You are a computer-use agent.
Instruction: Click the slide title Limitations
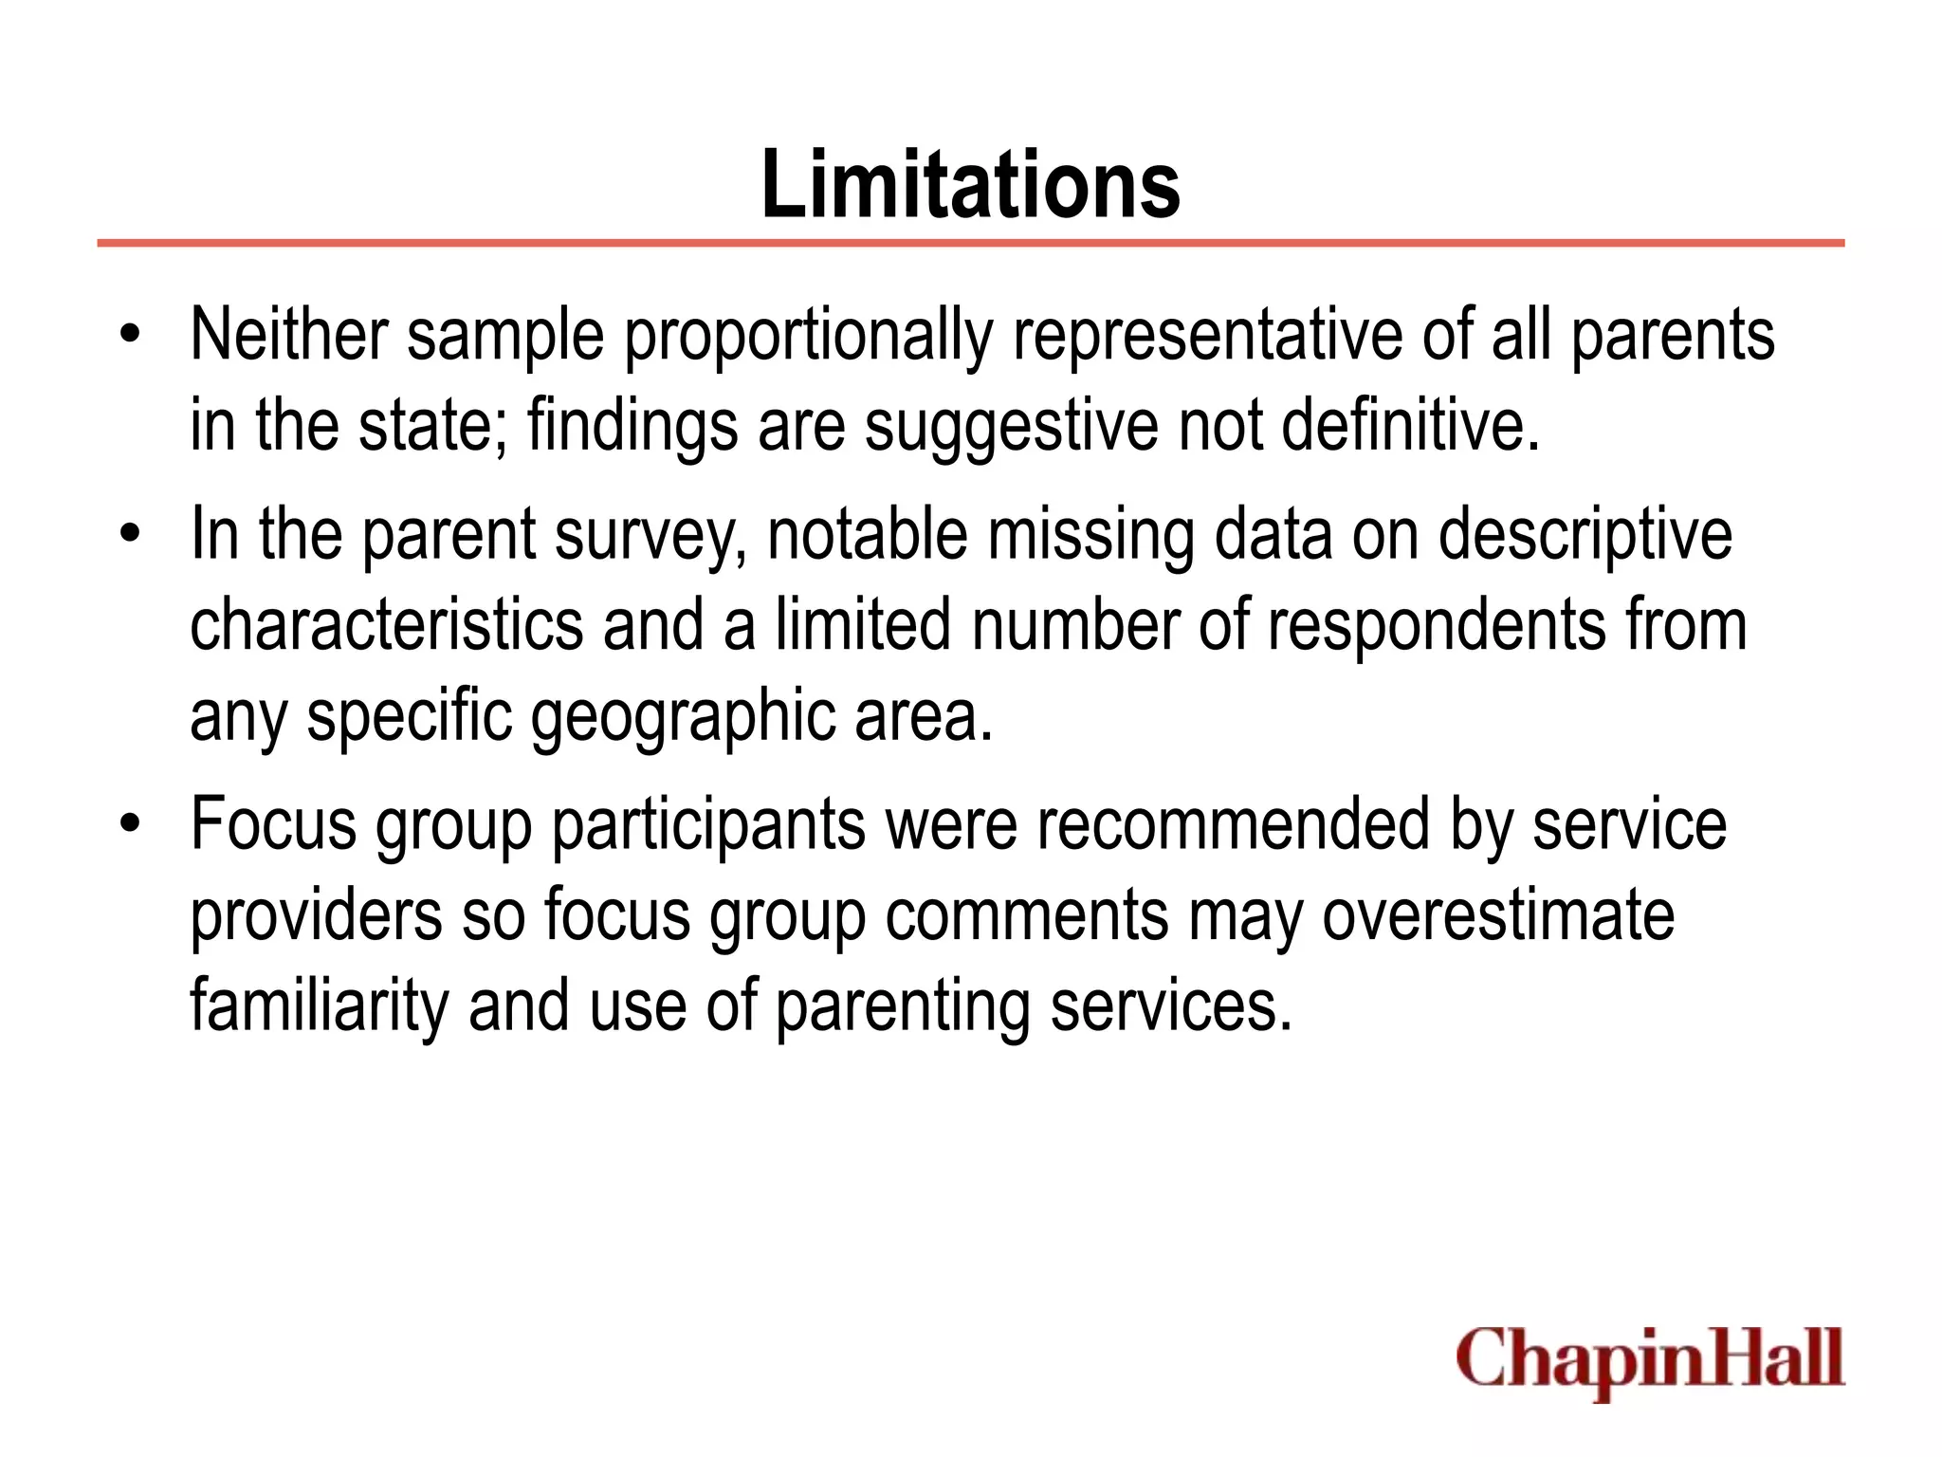tap(970, 184)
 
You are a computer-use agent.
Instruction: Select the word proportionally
tap(808, 337)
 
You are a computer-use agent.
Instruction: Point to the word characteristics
tap(387, 625)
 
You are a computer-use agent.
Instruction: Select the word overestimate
tap(1498, 914)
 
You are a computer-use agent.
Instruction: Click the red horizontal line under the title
tap(970, 244)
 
